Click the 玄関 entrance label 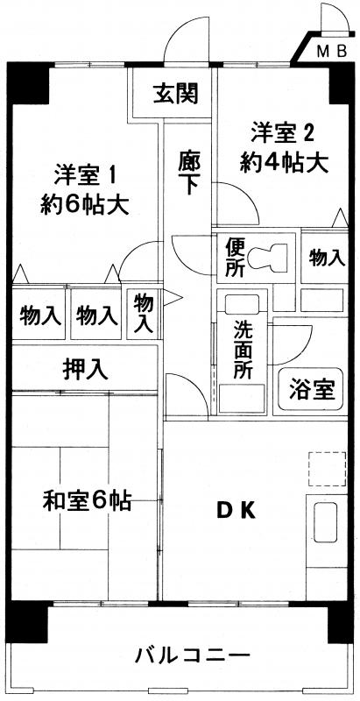pyautogui.click(x=175, y=94)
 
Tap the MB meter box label pyautogui.click(x=332, y=53)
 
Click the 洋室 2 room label pyautogui.click(x=284, y=133)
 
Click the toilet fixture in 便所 pyautogui.click(x=267, y=258)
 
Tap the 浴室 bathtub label pyautogui.click(x=311, y=388)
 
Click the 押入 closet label pyautogui.click(x=85, y=369)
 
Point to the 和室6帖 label pyautogui.click(x=86, y=500)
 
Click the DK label pyautogui.click(x=236, y=511)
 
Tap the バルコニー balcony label pyautogui.click(x=192, y=656)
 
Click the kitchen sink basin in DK pyautogui.click(x=325, y=521)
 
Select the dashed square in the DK pyautogui.click(x=327, y=470)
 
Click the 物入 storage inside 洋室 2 pyautogui.click(x=328, y=258)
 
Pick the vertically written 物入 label pyautogui.click(x=144, y=313)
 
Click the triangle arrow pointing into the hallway pyautogui.click(x=172, y=298)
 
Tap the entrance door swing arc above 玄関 pyautogui.click(x=187, y=40)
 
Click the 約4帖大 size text pyautogui.click(x=285, y=163)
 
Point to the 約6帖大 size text pyautogui.click(x=85, y=205)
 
